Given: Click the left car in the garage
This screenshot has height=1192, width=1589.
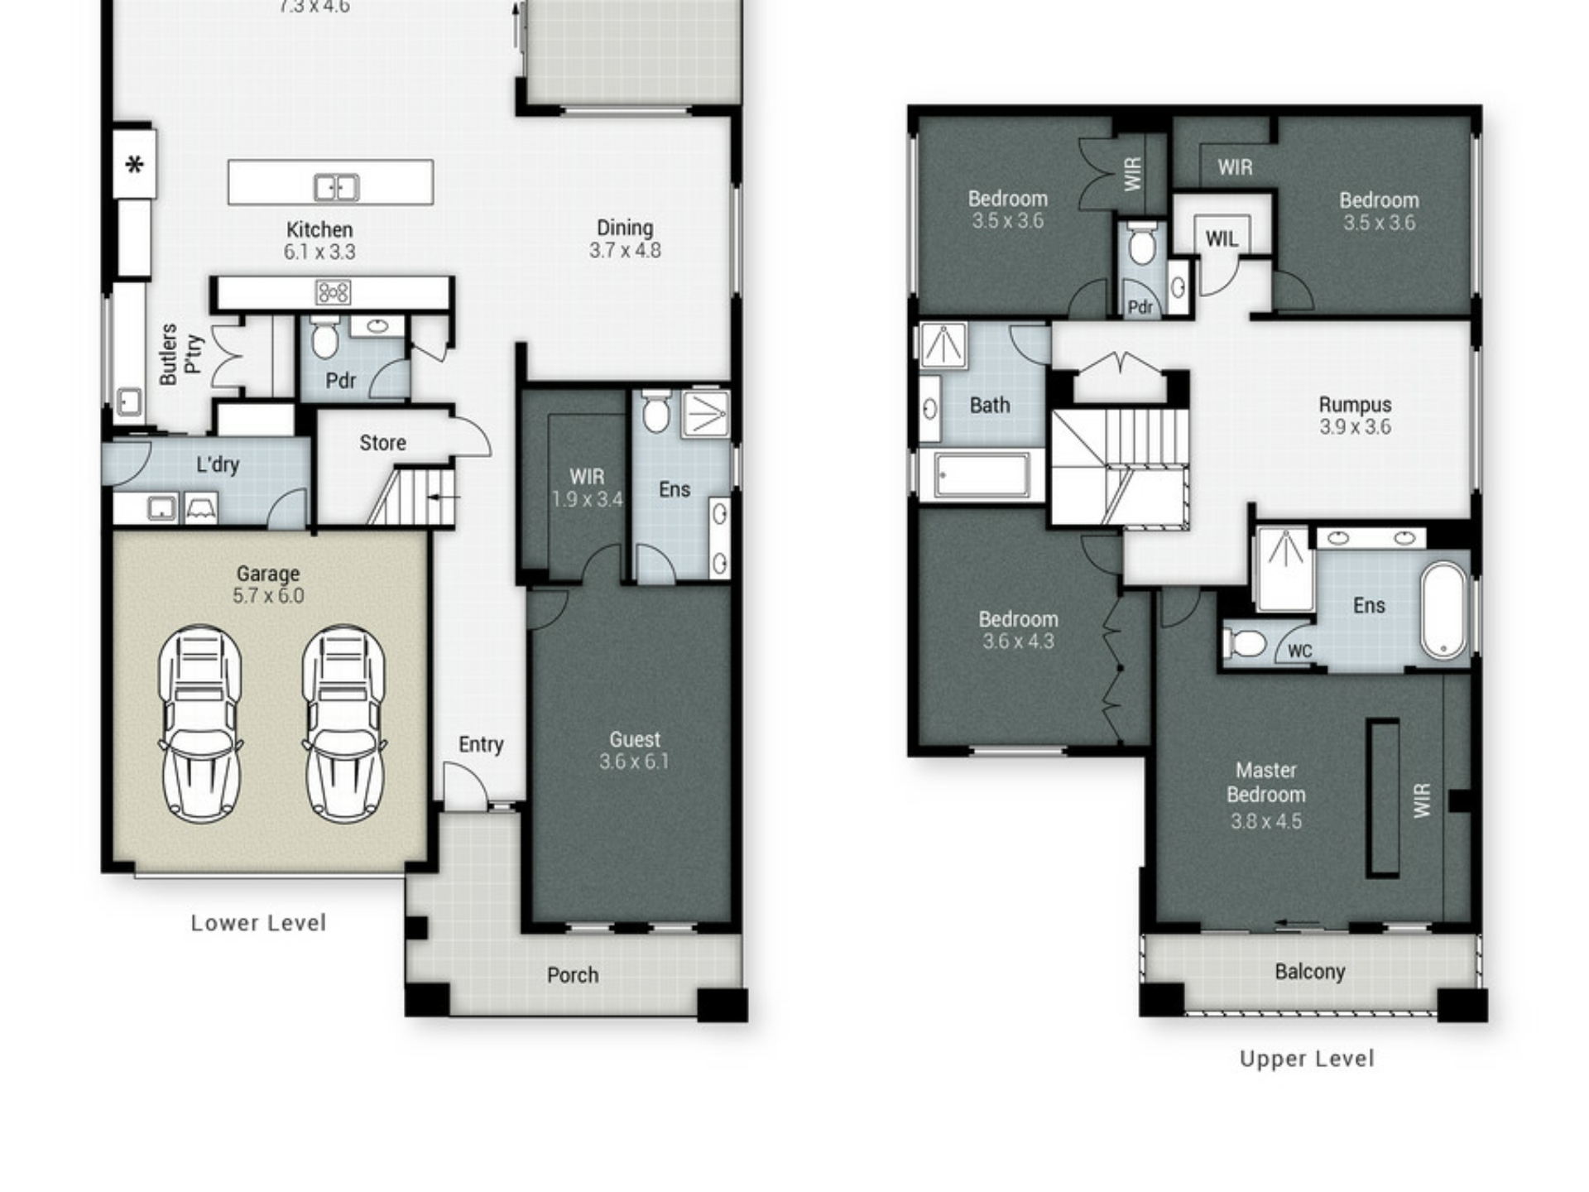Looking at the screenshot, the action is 200,724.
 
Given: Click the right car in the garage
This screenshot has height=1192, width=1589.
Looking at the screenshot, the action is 343,724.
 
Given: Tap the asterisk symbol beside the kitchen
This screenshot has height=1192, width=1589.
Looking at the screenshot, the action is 134,166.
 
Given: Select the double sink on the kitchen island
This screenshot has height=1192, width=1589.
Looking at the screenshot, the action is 336,188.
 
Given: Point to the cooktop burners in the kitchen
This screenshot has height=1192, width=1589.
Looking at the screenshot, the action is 333,292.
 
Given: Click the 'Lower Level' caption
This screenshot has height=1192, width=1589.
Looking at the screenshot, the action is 258,923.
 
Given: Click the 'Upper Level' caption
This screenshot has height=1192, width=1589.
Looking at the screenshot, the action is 1307,1059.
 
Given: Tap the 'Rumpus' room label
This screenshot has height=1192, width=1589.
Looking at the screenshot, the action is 1355,405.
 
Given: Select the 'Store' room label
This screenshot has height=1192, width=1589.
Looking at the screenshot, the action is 382,443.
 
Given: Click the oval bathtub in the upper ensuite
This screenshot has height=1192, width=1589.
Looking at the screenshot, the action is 1444,611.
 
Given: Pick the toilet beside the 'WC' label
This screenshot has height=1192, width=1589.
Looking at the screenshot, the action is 1246,643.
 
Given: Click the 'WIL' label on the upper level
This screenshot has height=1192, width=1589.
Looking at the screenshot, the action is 1222,239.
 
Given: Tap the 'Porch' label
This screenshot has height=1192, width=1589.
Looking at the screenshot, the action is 573,975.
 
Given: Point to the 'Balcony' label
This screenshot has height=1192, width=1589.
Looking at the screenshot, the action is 1310,972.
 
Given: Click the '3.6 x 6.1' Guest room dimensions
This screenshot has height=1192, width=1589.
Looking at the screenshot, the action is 635,762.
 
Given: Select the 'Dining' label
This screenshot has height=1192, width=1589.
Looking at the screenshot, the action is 625,228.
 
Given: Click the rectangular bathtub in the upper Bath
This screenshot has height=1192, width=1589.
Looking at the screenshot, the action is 981,476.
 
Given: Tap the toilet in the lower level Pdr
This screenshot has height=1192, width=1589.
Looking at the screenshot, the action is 324,338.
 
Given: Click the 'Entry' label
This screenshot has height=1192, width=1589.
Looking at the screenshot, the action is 481,745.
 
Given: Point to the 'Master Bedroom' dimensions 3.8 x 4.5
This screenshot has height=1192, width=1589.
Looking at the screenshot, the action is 1265,822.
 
